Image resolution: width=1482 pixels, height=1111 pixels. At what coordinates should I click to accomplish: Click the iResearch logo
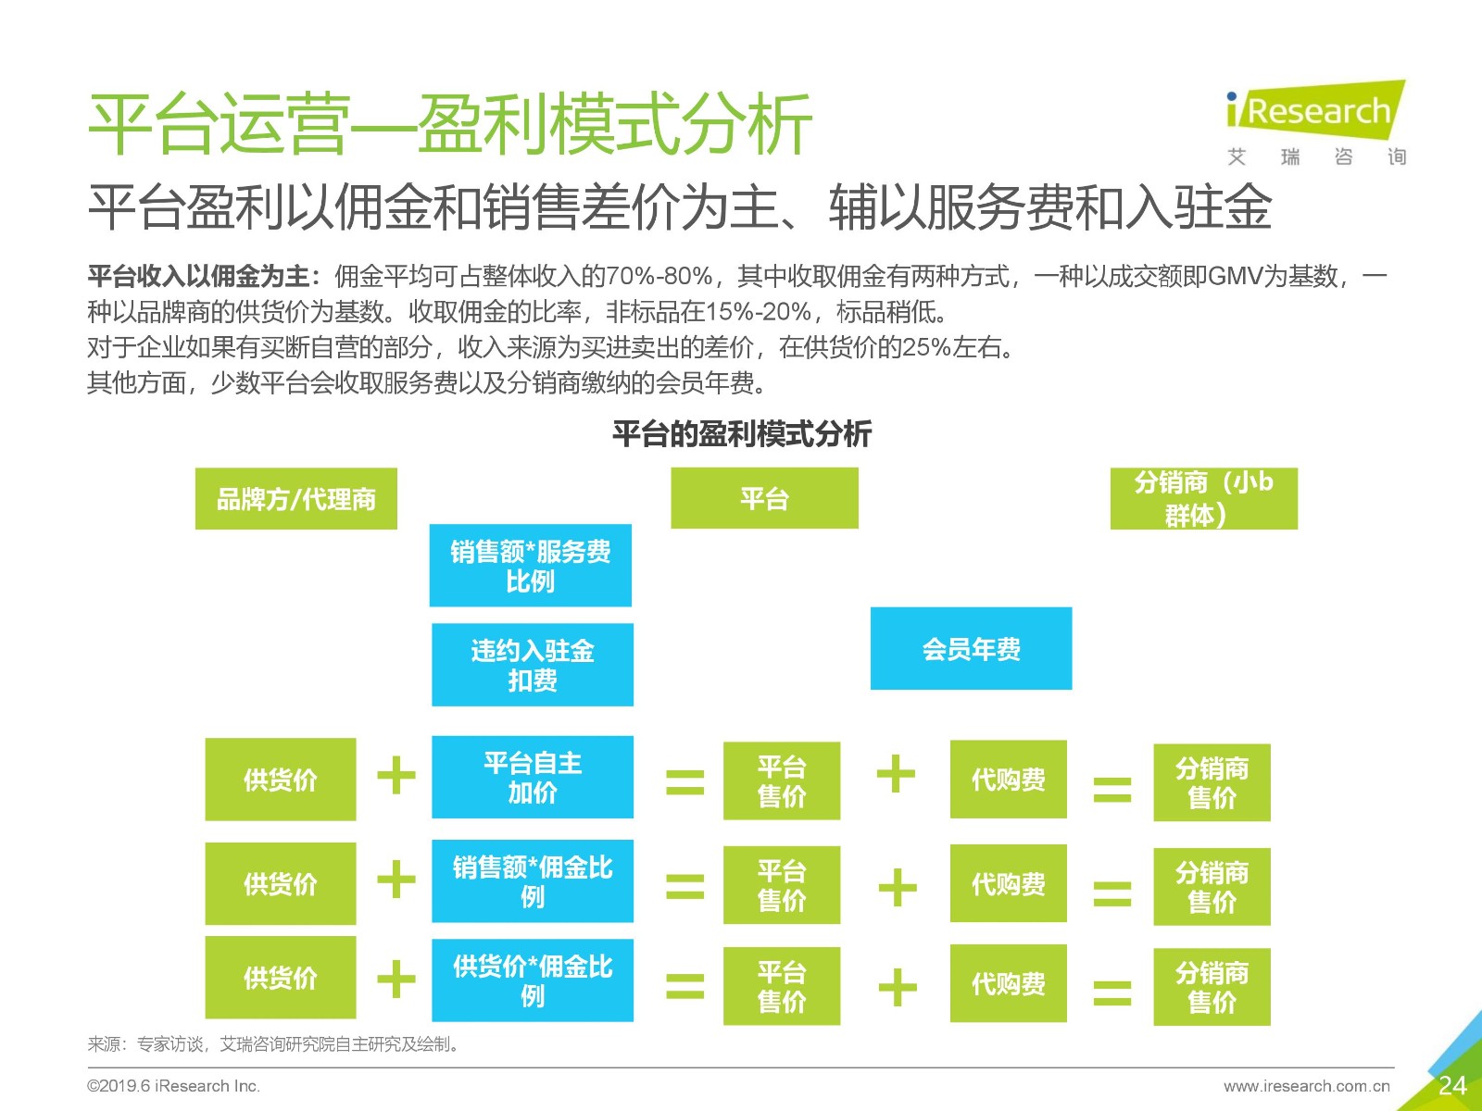[x=1316, y=121]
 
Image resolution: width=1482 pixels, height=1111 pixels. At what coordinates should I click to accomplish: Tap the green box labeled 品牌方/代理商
[x=295, y=498]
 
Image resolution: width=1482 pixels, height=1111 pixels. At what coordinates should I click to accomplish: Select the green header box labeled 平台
[x=764, y=498]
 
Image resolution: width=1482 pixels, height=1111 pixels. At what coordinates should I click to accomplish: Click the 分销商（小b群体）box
[x=1204, y=498]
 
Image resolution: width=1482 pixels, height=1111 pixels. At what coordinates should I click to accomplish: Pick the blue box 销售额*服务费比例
[x=531, y=566]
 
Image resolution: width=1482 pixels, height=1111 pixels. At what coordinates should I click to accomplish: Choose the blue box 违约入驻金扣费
[x=533, y=665]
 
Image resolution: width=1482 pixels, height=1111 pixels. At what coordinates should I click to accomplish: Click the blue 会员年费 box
[x=971, y=648]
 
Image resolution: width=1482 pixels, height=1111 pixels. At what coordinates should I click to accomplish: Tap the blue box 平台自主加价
[x=533, y=777]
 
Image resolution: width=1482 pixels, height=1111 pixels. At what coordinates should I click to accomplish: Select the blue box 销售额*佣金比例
[x=533, y=881]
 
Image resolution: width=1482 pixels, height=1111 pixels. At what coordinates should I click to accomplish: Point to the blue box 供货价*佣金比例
[x=533, y=980]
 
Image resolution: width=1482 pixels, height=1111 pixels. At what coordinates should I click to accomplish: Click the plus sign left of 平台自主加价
[x=396, y=776]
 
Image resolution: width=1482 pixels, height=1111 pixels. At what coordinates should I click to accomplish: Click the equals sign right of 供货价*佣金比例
[x=684, y=985]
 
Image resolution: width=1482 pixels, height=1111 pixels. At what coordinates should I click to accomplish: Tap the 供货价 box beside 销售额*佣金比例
[x=281, y=883]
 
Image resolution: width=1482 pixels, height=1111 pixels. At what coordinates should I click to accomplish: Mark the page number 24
[x=1452, y=1085]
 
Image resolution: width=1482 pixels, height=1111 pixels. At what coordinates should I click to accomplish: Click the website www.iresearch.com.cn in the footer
[x=1306, y=1086]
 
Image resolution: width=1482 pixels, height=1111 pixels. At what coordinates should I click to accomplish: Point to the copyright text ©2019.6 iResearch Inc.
[x=173, y=1086]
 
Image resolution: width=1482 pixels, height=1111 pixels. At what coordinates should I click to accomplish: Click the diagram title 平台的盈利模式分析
[x=741, y=433]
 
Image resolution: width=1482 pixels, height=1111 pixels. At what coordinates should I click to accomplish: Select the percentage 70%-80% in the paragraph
[x=659, y=276]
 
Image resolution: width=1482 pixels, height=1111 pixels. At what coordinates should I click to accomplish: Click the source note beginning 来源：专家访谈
[x=274, y=1044]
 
